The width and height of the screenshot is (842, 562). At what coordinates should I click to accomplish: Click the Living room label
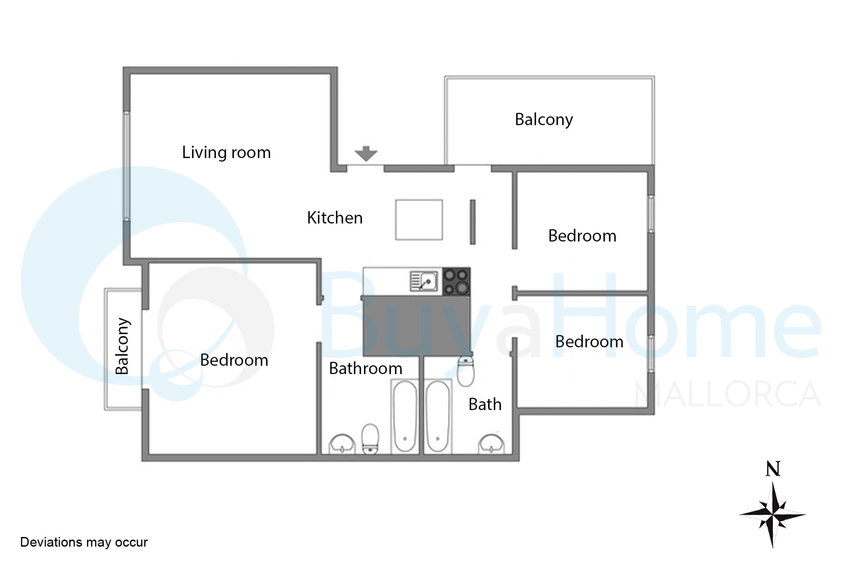tap(226, 152)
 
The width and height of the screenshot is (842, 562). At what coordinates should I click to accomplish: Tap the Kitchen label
tap(335, 218)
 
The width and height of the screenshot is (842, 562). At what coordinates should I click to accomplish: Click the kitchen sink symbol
tap(424, 281)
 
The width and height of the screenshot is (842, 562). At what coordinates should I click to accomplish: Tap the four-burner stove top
tap(457, 281)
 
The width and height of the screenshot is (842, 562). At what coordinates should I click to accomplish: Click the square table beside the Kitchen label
tap(419, 220)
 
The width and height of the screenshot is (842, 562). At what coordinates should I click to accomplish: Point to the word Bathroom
tap(366, 368)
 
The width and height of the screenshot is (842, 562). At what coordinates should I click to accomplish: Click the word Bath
tap(485, 404)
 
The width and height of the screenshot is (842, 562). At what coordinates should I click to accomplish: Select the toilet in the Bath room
tap(466, 371)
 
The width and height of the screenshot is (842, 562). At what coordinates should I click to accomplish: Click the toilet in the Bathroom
tap(370, 439)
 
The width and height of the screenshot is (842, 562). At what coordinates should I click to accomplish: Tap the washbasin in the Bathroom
tap(342, 444)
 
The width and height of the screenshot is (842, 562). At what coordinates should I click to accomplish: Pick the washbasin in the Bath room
tap(491, 444)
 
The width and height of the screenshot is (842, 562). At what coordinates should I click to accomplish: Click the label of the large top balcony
tap(544, 120)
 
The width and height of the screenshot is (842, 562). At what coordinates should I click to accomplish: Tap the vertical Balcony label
tap(122, 346)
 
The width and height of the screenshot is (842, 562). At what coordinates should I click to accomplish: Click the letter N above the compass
tap(773, 469)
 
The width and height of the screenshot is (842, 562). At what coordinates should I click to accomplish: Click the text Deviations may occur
tap(84, 543)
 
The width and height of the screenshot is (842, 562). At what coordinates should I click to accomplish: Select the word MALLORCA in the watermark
tap(728, 394)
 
